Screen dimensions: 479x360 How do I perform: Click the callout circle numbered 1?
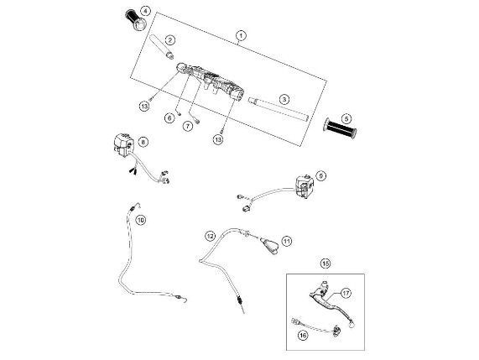coord(241,36)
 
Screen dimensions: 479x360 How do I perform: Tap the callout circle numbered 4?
coord(145,12)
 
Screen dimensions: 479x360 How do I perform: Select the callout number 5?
coord(346,118)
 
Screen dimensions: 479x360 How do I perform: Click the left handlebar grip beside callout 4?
coord(135,20)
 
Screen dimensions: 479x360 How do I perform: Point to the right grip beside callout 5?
coord(340,128)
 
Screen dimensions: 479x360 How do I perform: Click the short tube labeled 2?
coord(162,46)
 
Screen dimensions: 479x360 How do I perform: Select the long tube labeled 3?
coord(278,109)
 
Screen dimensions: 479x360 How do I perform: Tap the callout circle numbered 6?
coord(169,117)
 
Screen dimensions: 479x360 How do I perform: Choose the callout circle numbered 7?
coord(188,126)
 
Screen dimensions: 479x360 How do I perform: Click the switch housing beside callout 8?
coord(123,145)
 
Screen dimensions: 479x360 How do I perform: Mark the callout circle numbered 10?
coord(141,220)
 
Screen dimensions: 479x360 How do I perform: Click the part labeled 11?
coord(269,245)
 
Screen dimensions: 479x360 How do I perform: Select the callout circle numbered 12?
coord(211,236)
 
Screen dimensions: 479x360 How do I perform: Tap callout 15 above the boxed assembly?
coord(325,263)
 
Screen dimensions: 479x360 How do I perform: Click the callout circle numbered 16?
coord(303,336)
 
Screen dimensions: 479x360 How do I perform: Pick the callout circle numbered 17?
coord(346,294)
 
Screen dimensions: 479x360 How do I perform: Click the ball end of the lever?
coord(351,323)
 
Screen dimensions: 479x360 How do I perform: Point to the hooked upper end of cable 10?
coord(138,205)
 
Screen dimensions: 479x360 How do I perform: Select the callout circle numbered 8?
coord(143,142)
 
